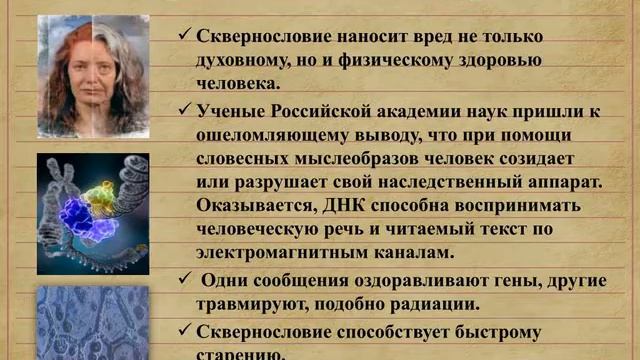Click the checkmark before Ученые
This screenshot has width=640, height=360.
pyautogui.click(x=185, y=108)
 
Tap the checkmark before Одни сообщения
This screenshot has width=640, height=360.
pyautogui.click(x=185, y=277)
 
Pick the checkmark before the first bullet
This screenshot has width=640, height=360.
pyautogui.click(x=185, y=36)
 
